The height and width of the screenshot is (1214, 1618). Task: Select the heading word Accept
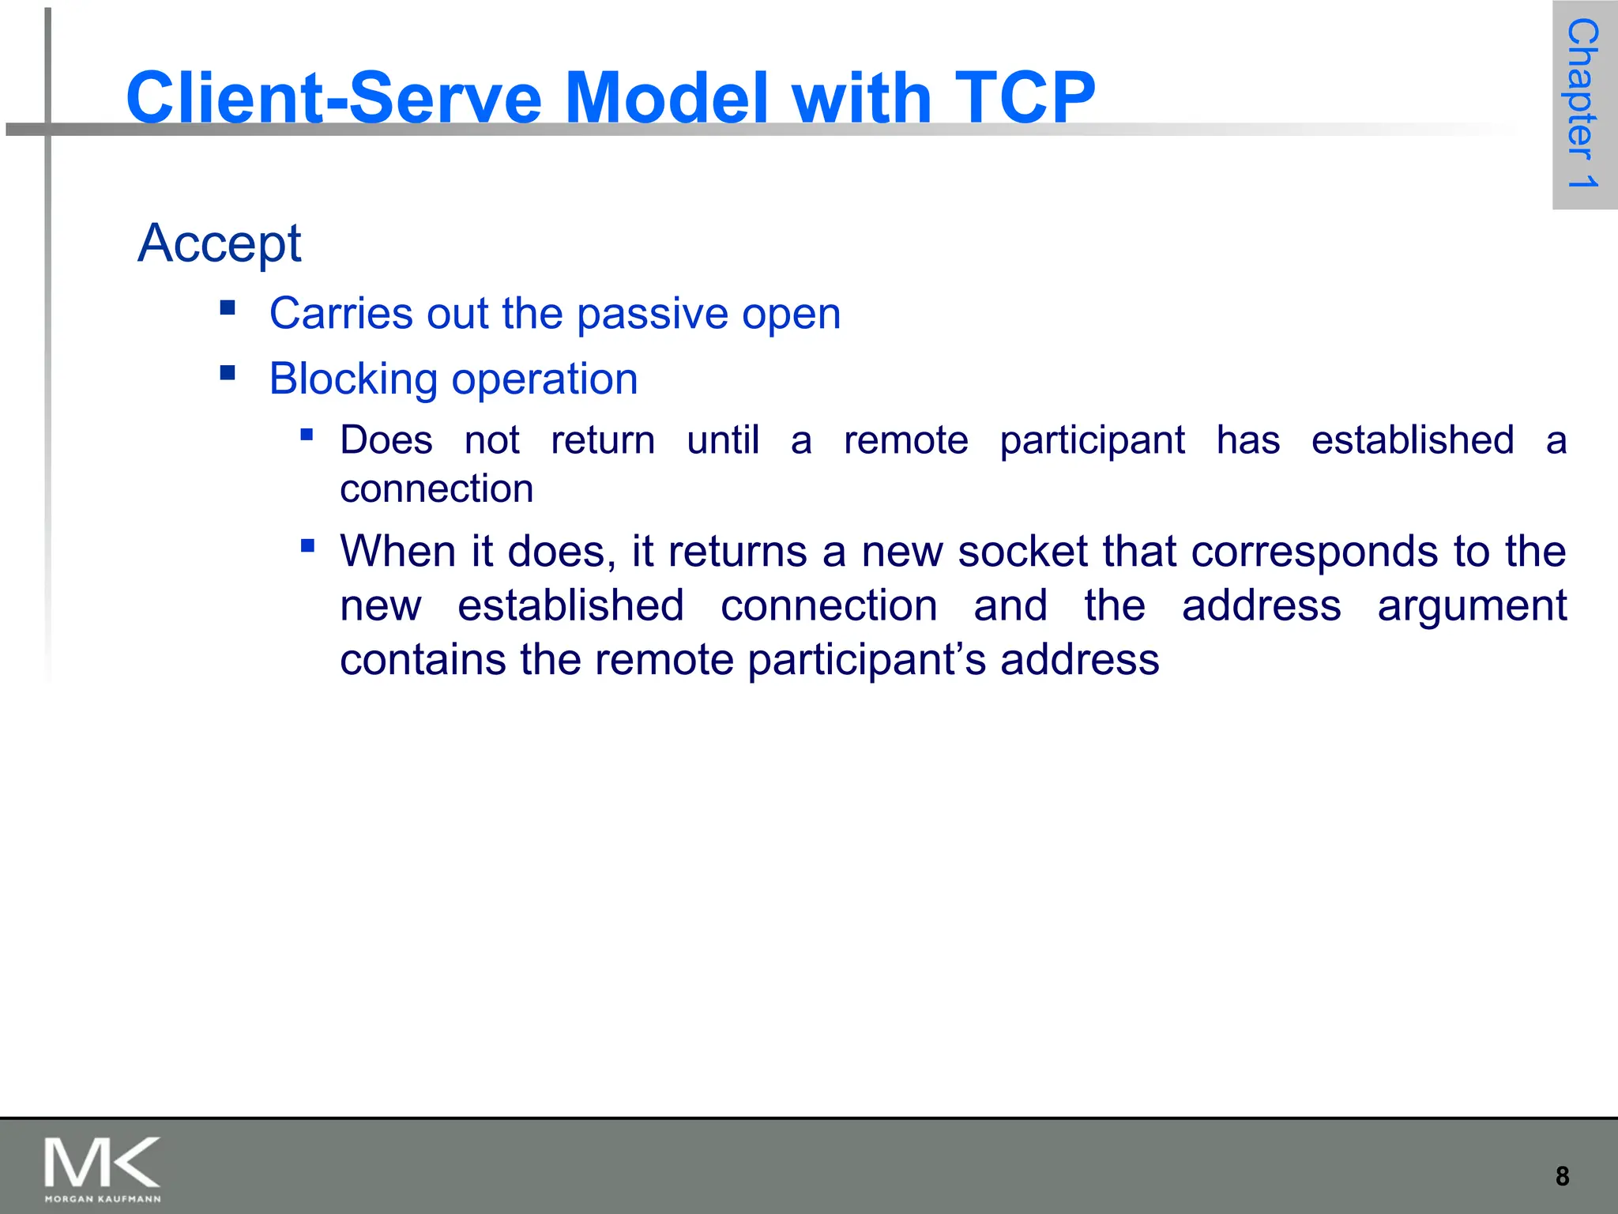click(219, 243)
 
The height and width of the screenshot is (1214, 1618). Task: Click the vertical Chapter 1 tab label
click(1583, 104)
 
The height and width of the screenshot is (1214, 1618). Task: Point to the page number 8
click(1562, 1176)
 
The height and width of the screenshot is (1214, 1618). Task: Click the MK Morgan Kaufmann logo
click(103, 1168)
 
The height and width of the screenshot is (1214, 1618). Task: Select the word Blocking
click(353, 379)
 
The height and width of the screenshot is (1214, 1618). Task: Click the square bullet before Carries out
click(228, 307)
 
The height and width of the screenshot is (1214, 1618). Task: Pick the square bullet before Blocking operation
click(228, 372)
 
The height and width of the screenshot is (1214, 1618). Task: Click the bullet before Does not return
click(307, 434)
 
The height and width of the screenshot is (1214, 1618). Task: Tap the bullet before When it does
click(307, 545)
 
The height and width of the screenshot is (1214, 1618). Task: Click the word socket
click(1023, 551)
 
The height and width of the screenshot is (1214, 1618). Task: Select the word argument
click(1471, 605)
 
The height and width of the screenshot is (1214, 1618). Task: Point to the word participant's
click(867, 660)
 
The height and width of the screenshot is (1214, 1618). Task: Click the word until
click(723, 440)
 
